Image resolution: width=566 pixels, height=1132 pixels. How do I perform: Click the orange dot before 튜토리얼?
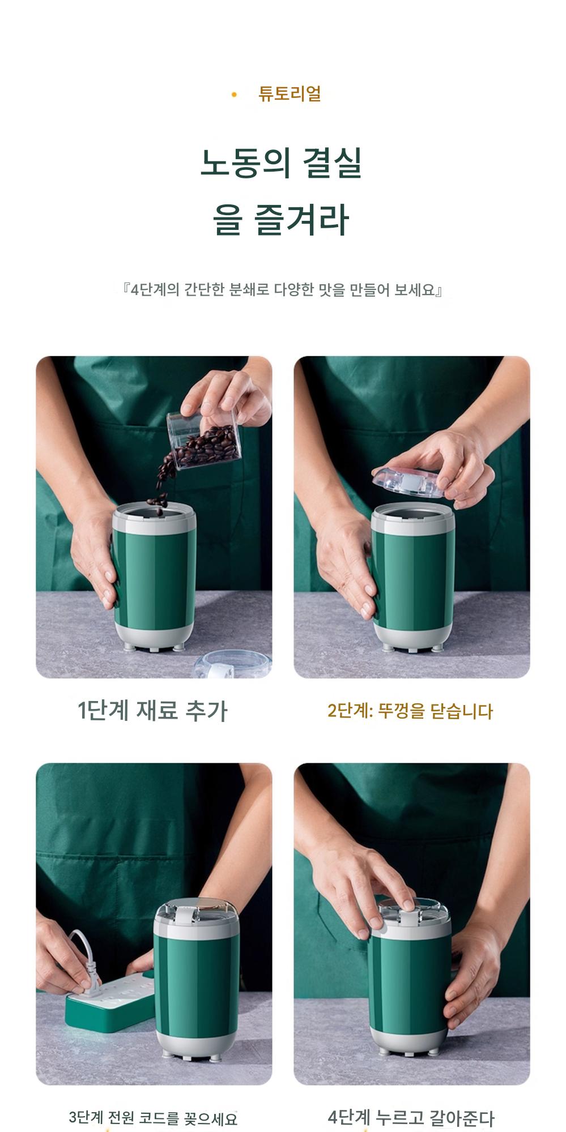234,94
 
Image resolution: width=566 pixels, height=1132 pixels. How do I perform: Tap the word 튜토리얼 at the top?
290,93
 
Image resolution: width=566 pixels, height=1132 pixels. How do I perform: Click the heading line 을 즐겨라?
282,220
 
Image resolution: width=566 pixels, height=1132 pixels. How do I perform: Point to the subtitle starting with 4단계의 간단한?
283,291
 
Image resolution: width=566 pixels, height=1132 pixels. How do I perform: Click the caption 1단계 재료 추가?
152,710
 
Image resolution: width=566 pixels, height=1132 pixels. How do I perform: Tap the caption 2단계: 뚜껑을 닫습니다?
410,711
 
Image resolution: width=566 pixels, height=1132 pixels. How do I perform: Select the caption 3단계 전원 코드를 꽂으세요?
153,1118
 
